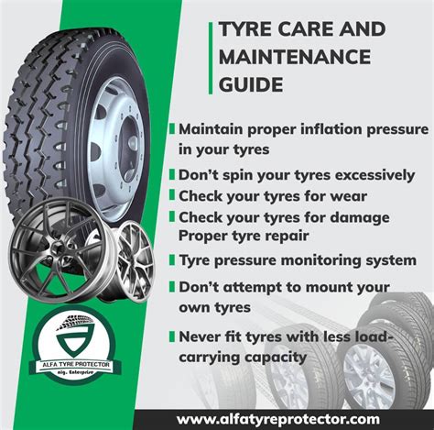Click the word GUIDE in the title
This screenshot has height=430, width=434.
(x=251, y=84)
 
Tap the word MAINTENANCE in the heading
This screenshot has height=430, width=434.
(x=295, y=57)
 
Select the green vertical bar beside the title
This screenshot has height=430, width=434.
(x=211, y=58)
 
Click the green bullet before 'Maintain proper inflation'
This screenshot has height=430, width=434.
(x=172, y=128)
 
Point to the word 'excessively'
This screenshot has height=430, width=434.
(x=374, y=175)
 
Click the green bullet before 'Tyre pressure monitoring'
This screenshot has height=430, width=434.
(x=172, y=260)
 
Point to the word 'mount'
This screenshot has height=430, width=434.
(x=325, y=288)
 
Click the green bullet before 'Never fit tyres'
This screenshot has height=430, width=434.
(x=172, y=336)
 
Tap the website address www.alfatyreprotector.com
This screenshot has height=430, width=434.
(x=278, y=419)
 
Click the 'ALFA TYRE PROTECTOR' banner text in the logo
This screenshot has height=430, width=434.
(x=76, y=365)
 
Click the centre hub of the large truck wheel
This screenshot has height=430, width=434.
(x=132, y=145)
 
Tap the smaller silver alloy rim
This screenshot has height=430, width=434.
(x=134, y=261)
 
